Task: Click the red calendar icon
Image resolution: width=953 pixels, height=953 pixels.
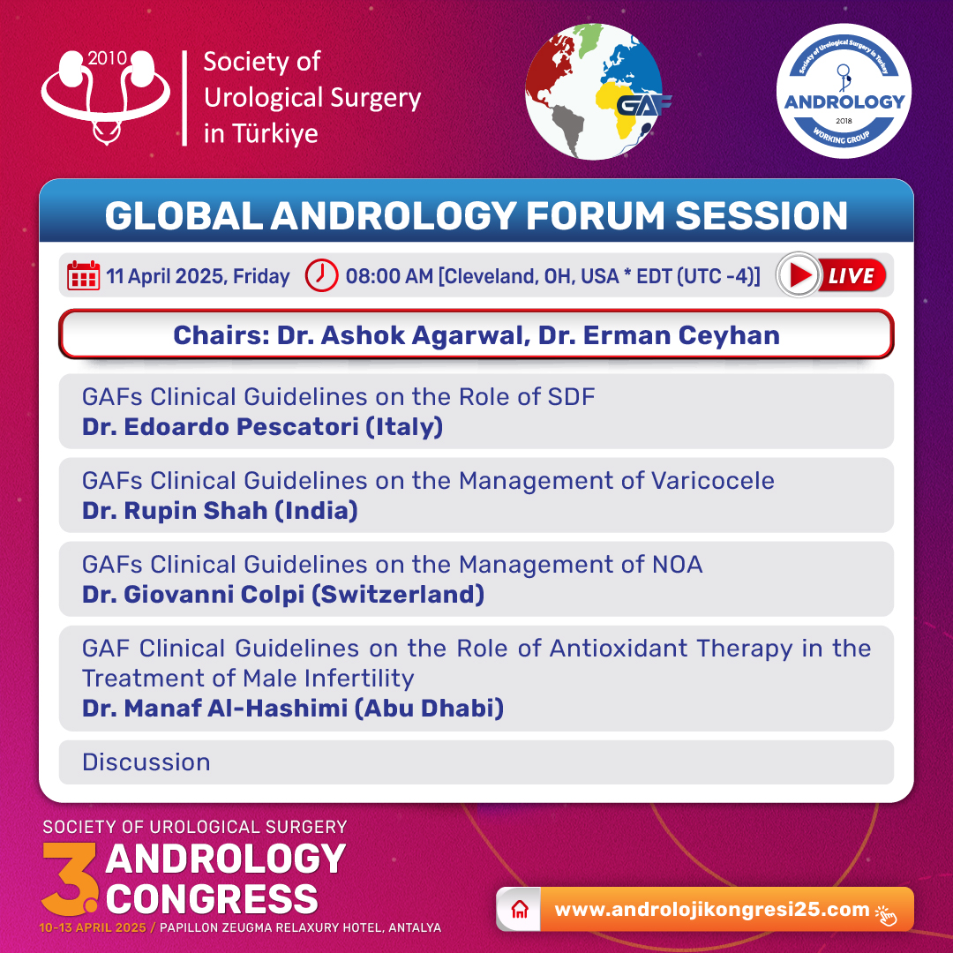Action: pos(83,276)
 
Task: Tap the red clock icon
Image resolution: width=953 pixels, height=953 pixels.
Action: pos(321,275)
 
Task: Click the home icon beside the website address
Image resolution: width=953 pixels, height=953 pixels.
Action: pos(520,910)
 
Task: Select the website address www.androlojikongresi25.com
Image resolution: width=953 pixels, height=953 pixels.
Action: pos(712,909)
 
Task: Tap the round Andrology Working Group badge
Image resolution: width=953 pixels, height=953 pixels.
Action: pos(844,91)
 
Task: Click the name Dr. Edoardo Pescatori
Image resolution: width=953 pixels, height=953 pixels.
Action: pos(221,427)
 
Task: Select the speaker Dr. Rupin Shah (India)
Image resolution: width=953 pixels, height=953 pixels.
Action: pos(220,511)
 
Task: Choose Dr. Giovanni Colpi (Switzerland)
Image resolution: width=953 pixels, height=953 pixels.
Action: pos(283,595)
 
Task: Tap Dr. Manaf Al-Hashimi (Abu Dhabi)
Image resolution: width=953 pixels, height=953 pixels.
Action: pos(293,708)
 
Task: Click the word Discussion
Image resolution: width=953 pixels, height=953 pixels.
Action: pos(146,762)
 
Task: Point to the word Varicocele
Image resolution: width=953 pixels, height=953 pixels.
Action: pos(713,481)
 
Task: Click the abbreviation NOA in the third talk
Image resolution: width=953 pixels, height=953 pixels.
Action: pos(678,565)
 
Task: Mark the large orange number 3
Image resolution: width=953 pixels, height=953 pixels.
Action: pos(69,878)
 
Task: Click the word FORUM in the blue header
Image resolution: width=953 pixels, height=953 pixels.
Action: pos(596,216)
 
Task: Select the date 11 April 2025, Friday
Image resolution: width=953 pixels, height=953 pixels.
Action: pos(199,276)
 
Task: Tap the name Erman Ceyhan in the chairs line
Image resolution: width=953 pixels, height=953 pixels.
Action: pos(681,335)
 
